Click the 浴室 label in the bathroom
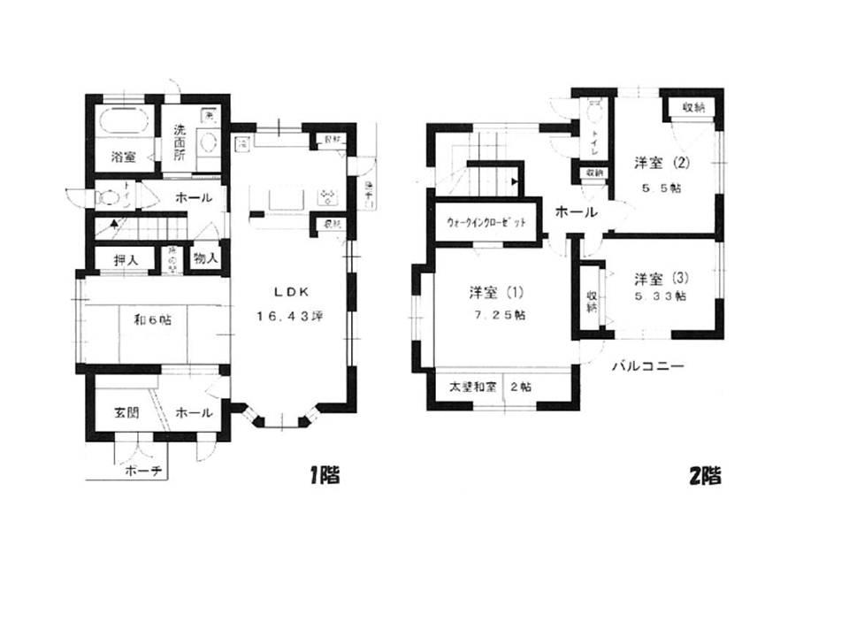(x=123, y=157)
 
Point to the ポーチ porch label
(x=141, y=471)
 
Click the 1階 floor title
(x=325, y=475)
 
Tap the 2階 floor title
(x=705, y=475)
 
